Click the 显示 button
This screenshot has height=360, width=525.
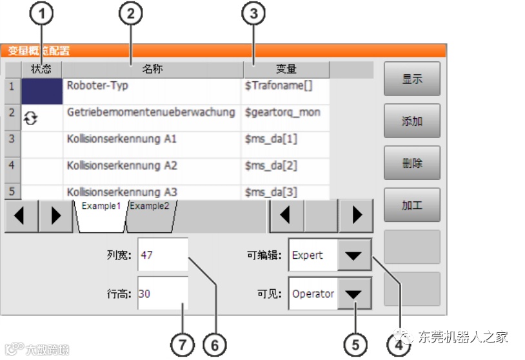411,79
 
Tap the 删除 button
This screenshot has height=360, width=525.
411,163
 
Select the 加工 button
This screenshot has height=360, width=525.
411,206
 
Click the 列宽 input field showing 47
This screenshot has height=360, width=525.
163,255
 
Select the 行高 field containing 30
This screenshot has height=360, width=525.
163,294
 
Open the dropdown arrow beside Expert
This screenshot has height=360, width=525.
354,255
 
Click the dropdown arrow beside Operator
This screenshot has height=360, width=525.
354,294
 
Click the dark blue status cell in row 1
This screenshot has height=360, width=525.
42,91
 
